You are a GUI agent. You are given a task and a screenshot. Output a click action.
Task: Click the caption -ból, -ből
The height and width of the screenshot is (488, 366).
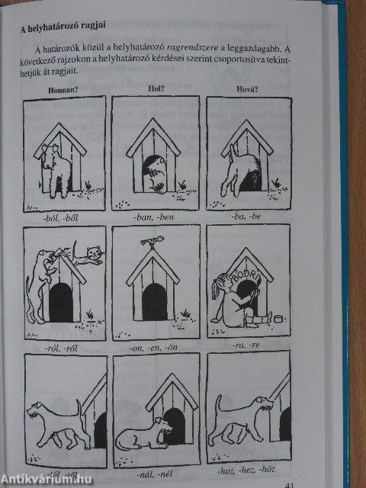click(65, 217)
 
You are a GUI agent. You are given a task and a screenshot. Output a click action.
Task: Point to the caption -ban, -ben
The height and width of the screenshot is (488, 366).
click(154, 217)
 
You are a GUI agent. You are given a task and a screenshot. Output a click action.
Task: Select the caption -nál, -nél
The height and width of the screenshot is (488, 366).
click(156, 474)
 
